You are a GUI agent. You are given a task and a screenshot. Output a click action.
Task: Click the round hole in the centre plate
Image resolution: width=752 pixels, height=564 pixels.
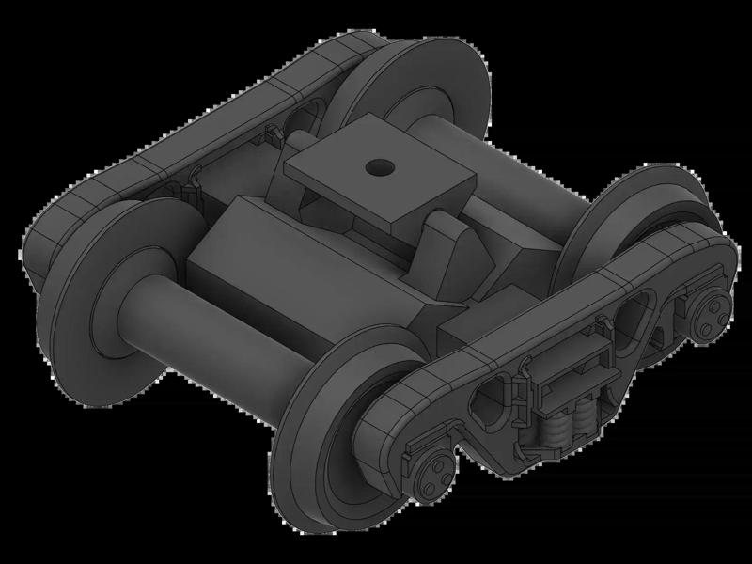[x=379, y=168]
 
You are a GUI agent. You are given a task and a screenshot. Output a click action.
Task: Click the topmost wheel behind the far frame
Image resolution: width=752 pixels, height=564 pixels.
[x=414, y=89]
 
